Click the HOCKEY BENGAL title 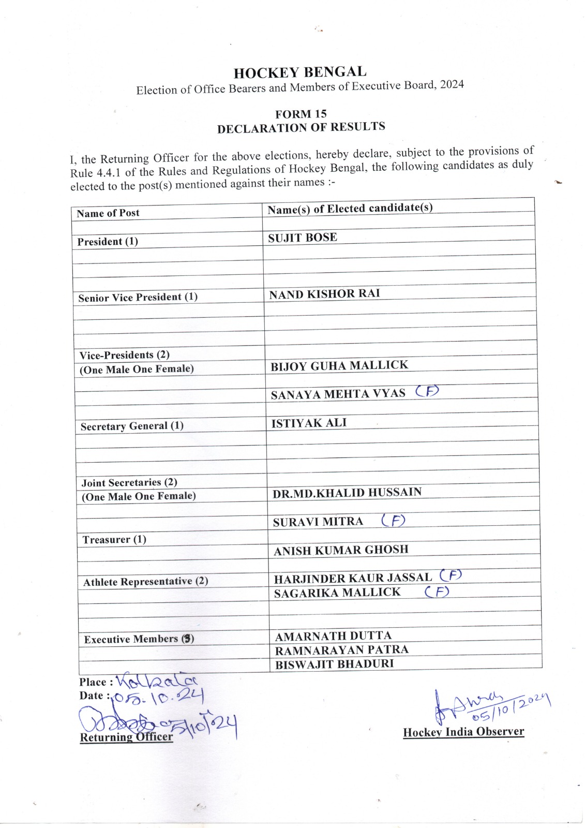point(300,72)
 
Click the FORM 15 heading point(301,114)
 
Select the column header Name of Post point(108,213)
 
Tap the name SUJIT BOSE point(303,238)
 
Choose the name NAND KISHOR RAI point(324,294)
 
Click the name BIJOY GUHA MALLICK point(339,366)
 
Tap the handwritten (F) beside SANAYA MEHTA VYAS point(427,391)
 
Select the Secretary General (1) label point(132,426)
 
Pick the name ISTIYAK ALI point(309,423)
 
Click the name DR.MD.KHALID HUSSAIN point(347,493)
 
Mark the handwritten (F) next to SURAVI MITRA point(393,520)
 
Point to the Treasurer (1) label point(114,540)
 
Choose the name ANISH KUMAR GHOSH point(341,550)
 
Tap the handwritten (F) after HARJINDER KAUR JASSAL point(451,575)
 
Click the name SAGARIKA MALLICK point(337,593)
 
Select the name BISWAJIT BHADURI point(334,664)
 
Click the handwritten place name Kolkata point(156,682)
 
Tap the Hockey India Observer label point(463,732)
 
